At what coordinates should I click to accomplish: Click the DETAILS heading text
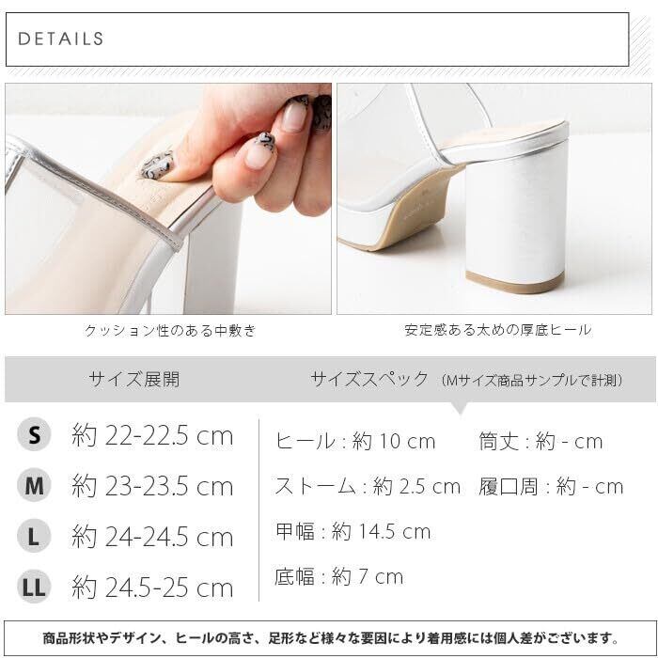point(61,39)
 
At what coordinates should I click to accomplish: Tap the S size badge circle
point(34,434)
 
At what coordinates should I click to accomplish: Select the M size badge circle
point(34,485)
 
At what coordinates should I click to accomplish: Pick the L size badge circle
point(34,536)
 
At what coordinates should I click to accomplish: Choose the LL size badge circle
point(34,587)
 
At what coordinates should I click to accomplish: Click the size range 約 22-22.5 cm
point(152,435)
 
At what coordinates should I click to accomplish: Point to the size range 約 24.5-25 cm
point(152,587)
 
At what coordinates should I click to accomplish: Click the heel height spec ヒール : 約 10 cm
point(355,442)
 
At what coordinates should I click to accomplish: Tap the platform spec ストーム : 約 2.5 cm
point(368,487)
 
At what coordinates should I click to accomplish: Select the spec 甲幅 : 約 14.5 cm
point(352,532)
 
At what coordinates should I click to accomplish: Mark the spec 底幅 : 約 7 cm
point(339,576)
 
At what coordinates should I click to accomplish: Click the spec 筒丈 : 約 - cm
point(540,442)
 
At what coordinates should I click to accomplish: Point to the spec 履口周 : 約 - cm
point(551,487)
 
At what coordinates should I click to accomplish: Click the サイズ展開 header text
point(134,380)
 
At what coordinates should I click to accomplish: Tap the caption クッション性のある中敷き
point(170,331)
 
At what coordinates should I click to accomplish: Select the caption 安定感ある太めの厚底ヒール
point(497,330)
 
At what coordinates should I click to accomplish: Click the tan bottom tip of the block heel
point(515,282)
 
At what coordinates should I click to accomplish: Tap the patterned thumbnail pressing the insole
point(157,165)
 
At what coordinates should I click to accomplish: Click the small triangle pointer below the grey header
point(460,408)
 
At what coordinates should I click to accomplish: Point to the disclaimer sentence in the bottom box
point(331,638)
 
